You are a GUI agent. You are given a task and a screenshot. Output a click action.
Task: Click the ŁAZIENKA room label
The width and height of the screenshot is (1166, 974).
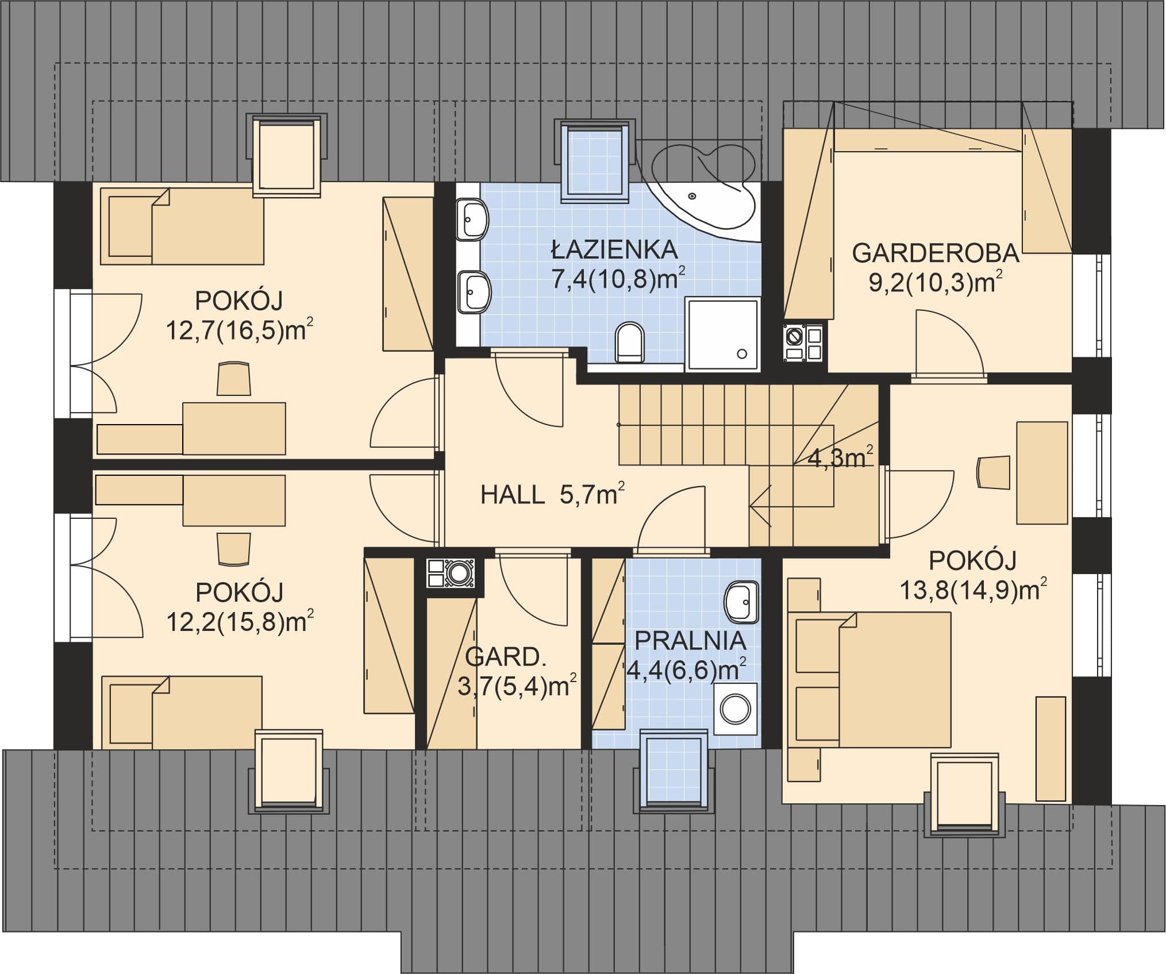614,249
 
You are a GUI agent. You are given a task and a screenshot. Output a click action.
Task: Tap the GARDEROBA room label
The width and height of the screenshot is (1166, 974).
936,253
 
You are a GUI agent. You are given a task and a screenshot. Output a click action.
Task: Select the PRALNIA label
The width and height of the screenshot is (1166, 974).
690,641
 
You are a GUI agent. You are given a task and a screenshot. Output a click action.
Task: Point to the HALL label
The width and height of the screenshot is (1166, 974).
513,495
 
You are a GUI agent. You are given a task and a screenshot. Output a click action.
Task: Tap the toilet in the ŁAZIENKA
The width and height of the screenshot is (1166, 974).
630,342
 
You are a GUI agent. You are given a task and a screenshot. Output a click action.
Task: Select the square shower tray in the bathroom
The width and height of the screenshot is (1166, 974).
722,333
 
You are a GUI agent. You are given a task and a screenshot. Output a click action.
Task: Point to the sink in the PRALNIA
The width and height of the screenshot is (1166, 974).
741,601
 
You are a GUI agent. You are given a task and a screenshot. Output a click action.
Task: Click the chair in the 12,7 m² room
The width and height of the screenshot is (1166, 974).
234,379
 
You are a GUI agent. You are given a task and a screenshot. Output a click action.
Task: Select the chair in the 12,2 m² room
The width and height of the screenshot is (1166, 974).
234,549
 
